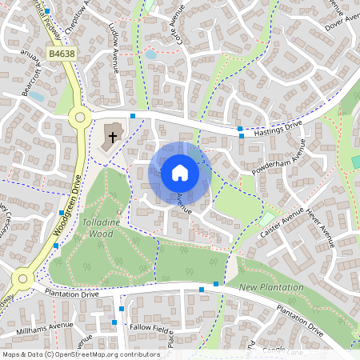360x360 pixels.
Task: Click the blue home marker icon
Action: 180,172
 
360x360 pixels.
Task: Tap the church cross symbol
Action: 112,136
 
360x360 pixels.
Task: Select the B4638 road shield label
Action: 62,54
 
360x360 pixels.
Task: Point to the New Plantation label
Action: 272,286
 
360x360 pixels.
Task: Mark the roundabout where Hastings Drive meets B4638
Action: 79,118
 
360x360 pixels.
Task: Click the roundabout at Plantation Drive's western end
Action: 21,280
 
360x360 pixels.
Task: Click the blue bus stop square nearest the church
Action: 133,116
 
